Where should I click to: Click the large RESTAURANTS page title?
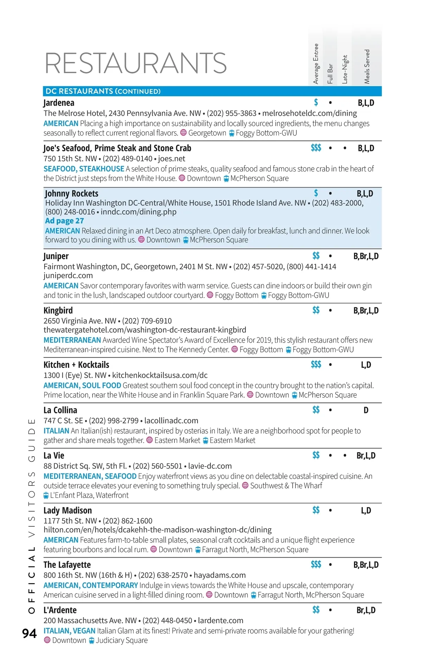(x=136, y=63)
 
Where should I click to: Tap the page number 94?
(x=30, y=633)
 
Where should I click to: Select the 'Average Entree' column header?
(x=316, y=64)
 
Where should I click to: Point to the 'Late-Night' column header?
(x=345, y=69)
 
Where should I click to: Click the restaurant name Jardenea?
(x=59, y=103)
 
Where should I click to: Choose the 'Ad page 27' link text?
(x=64, y=221)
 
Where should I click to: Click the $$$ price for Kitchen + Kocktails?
(x=316, y=364)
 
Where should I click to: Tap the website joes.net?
(x=171, y=158)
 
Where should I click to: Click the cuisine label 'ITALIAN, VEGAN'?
(x=69, y=631)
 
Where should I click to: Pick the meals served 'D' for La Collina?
(x=366, y=410)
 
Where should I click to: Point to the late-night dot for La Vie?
(x=345, y=456)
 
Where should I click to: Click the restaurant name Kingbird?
(x=58, y=311)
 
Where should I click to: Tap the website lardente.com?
(x=220, y=620)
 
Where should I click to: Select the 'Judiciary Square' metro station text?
(x=122, y=640)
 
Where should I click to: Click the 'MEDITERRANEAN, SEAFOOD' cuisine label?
(x=90, y=476)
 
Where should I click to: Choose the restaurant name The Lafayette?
(x=67, y=565)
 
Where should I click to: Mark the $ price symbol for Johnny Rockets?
(x=316, y=193)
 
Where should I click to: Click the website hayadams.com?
(x=219, y=575)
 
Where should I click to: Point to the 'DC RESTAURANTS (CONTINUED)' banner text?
(x=103, y=91)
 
